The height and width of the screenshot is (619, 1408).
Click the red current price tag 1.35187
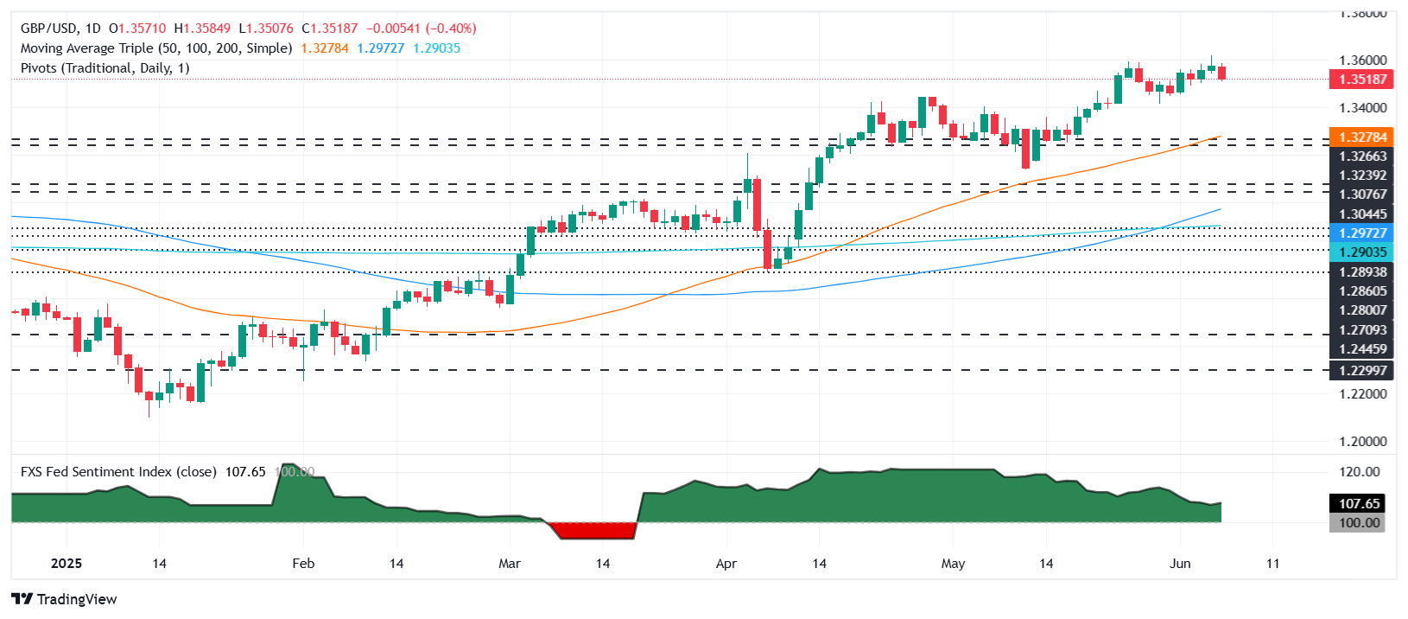(x=1362, y=80)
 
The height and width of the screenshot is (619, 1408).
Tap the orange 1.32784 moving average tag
(x=1362, y=137)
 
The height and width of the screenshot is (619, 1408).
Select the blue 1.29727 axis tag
(x=1362, y=233)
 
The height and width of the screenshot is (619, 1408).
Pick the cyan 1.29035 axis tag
(x=1362, y=252)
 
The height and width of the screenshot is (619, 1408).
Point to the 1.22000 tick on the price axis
(x=1362, y=394)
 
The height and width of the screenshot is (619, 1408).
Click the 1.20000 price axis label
(x=1362, y=442)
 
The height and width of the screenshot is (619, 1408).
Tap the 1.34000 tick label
(x=1362, y=108)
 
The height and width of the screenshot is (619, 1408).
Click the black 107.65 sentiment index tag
(x=1360, y=504)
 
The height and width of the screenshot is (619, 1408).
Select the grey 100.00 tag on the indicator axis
(x=1360, y=523)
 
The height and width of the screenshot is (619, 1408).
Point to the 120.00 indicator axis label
(x=1360, y=472)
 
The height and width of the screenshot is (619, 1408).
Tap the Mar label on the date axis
(x=510, y=564)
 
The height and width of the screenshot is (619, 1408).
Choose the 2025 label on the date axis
(x=67, y=564)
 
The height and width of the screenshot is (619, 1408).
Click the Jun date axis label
(x=1180, y=564)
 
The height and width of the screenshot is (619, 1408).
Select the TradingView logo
(x=65, y=599)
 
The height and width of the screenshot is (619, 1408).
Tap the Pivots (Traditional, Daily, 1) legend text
(x=105, y=68)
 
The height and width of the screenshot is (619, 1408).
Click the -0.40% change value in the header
(x=451, y=29)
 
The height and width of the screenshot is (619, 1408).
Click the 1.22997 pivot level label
(x=1362, y=371)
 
